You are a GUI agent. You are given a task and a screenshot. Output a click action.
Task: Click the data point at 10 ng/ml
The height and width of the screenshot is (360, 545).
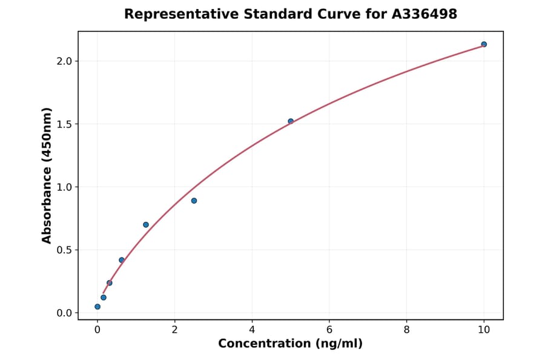pyautogui.click(x=484, y=44)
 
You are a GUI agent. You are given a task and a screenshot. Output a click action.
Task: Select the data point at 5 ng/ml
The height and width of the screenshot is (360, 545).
pyautogui.click(x=291, y=121)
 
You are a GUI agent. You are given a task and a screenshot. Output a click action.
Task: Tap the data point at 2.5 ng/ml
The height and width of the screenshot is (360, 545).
pyautogui.click(x=194, y=201)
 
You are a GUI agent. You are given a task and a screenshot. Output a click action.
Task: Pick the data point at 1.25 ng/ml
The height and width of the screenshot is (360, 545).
pyautogui.click(x=146, y=225)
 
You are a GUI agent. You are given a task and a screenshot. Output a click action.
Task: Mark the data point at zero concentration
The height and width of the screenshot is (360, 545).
pyautogui.click(x=97, y=307)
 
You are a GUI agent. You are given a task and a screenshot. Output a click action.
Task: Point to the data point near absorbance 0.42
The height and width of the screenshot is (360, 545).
pyautogui.click(x=122, y=260)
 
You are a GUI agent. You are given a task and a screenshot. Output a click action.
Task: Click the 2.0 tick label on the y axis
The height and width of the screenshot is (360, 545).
pyautogui.click(x=64, y=61)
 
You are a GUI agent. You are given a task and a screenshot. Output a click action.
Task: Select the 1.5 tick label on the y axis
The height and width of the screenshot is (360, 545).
pyautogui.click(x=64, y=124)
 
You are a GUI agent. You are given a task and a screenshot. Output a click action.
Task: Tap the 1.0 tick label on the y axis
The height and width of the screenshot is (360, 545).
pyautogui.click(x=64, y=187)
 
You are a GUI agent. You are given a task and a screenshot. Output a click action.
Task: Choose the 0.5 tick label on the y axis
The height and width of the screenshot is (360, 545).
pyautogui.click(x=64, y=250)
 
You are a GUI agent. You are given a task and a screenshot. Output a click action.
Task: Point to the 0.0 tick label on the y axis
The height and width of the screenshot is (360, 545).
pyautogui.click(x=64, y=313)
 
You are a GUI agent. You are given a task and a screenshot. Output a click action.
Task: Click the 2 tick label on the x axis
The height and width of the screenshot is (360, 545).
pyautogui.click(x=174, y=330)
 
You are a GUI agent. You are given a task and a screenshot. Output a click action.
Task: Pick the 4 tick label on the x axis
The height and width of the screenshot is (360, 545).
pyautogui.click(x=252, y=330)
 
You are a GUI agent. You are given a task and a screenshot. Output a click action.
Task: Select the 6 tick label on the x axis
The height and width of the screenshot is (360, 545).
pyautogui.click(x=329, y=330)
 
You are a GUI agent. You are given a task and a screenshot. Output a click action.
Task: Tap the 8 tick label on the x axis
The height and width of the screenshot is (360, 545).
pyautogui.click(x=406, y=330)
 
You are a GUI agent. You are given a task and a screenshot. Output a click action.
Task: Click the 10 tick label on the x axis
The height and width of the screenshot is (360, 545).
pyautogui.click(x=484, y=330)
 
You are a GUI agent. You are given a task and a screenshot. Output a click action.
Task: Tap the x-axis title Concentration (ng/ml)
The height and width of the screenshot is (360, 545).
pyautogui.click(x=290, y=344)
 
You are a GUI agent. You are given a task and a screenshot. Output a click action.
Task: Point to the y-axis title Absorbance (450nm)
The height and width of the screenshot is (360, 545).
pyautogui.click(x=47, y=175)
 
